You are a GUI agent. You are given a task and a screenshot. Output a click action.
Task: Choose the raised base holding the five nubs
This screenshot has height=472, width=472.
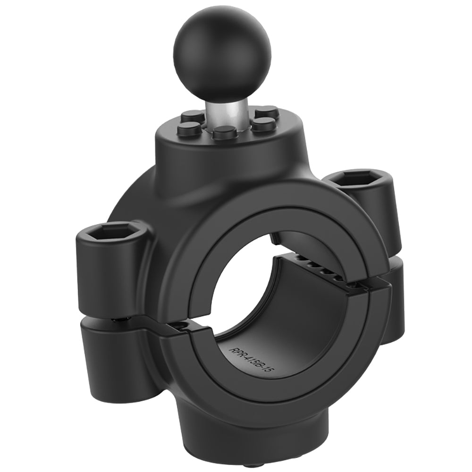[x=203, y=146]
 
